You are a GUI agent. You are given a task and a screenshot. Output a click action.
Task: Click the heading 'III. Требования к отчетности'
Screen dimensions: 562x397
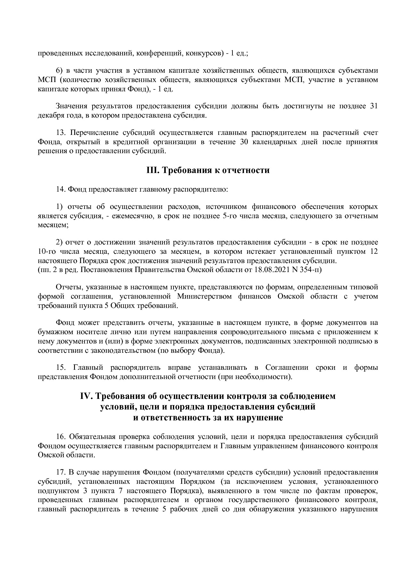pyautogui.click(x=208, y=170)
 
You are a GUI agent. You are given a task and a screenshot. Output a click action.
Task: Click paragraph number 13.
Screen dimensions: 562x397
pyautogui.click(x=61, y=133)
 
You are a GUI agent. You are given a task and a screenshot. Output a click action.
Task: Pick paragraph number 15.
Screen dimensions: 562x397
pyautogui.click(x=61, y=368)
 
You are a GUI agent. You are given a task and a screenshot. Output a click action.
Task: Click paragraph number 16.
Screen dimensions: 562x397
pyautogui.click(x=61, y=437)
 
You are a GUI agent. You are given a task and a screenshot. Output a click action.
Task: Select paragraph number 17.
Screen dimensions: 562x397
pyautogui.click(x=61, y=472)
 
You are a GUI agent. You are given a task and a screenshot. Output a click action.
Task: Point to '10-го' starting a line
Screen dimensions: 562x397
pyautogui.click(x=45, y=252)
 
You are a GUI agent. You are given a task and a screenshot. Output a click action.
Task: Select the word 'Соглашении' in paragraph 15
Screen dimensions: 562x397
pyautogui.click(x=287, y=368)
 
